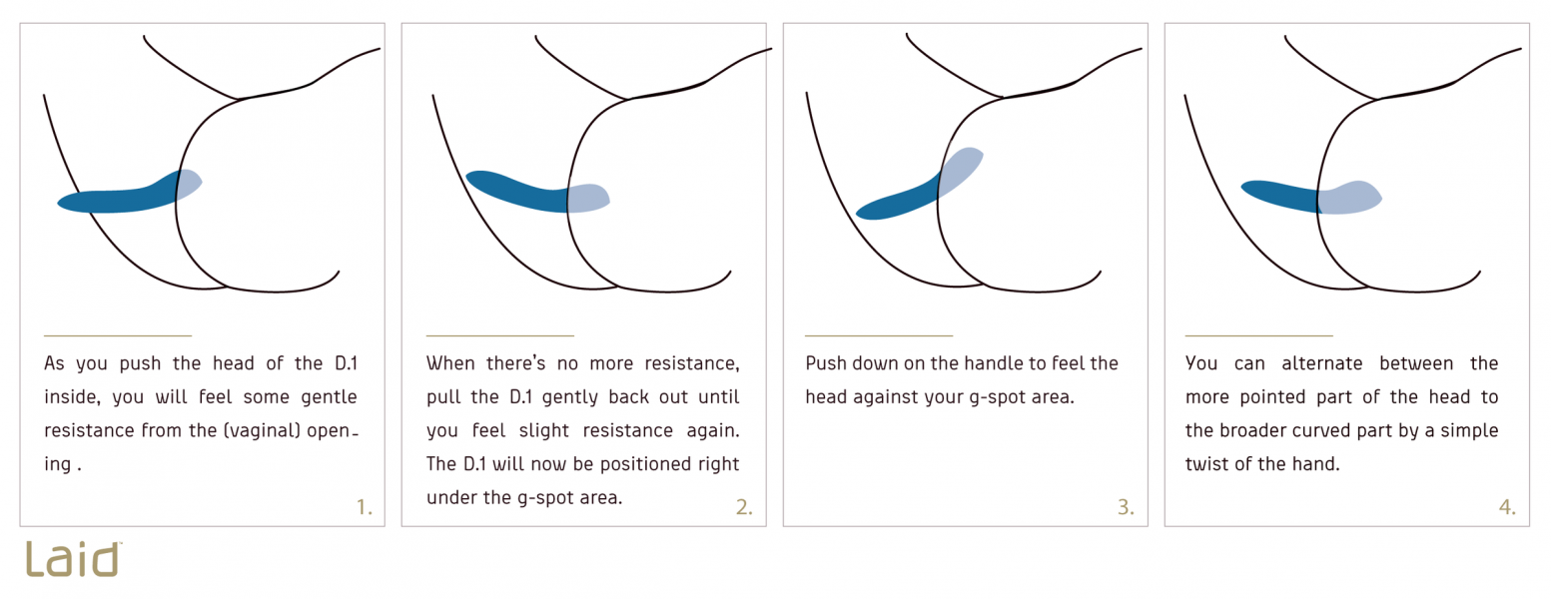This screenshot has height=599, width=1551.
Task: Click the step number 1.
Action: click(x=365, y=507)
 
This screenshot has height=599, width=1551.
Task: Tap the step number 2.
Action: click(x=744, y=507)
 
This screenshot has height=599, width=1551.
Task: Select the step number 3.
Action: click(x=1126, y=507)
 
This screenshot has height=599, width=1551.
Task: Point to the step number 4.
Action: click(x=1507, y=507)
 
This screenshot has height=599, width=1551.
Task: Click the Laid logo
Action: click(x=73, y=559)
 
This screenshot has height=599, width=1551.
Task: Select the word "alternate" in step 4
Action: click(x=1322, y=363)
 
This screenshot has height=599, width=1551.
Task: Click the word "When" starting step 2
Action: click(x=450, y=363)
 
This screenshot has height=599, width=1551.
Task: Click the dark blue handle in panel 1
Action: click(x=118, y=198)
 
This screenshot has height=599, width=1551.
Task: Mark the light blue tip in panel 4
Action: click(x=1349, y=198)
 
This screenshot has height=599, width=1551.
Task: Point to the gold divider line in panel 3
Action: click(x=879, y=335)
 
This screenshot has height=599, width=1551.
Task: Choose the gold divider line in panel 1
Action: click(x=118, y=335)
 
